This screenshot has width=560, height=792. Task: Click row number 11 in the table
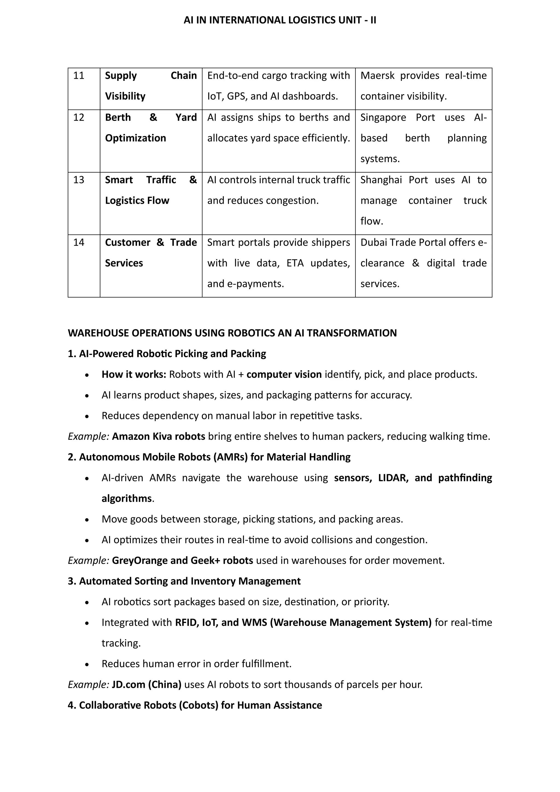(79, 75)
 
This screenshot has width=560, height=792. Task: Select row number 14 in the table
(79, 243)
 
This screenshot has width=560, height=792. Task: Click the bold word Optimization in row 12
(136, 138)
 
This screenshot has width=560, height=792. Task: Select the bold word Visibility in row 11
(125, 96)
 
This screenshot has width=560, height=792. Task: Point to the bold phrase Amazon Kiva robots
(159, 436)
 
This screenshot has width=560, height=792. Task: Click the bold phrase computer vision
(284, 374)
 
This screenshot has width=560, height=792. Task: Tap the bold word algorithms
(127, 499)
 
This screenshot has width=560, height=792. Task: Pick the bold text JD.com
(128, 685)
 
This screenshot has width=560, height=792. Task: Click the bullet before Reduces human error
(87, 664)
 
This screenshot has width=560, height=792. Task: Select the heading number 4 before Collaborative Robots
(71, 705)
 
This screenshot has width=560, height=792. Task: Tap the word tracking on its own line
(121, 643)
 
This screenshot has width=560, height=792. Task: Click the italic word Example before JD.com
(88, 685)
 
